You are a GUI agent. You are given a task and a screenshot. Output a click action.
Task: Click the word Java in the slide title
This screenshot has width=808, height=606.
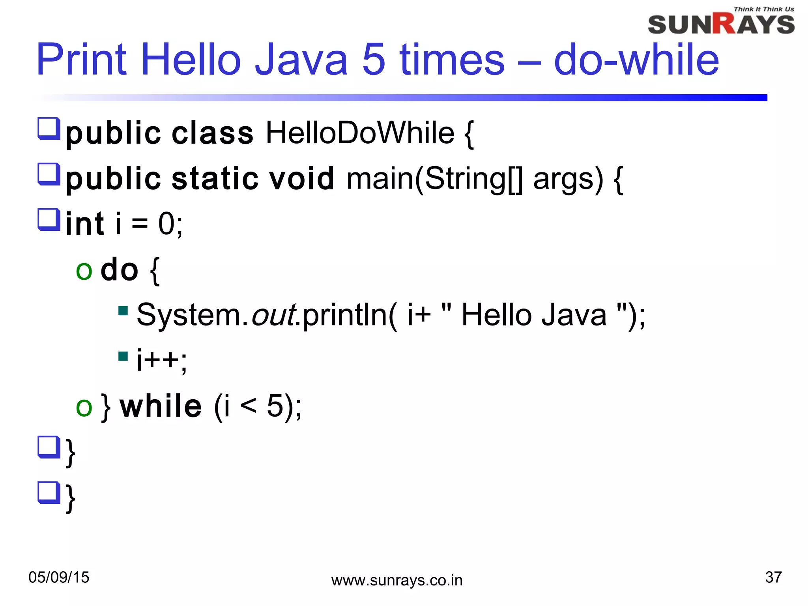(301, 60)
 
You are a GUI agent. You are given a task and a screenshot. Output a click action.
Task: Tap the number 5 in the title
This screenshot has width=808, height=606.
(373, 60)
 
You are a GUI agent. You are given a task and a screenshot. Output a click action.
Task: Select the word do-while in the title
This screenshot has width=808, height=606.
(636, 60)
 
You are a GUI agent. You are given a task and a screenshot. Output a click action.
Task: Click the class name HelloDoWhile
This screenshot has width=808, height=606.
(360, 133)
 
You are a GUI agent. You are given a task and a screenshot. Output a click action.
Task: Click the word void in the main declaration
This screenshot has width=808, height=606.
(301, 178)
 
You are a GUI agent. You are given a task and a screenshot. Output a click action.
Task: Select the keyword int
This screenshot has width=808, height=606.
(85, 224)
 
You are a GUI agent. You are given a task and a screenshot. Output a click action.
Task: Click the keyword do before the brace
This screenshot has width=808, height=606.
(119, 269)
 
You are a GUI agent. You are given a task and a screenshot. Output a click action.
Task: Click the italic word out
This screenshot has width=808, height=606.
(274, 315)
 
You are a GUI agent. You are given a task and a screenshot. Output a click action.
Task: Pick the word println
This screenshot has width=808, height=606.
(345, 315)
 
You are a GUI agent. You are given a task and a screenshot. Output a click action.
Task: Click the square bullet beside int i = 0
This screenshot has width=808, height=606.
(49, 219)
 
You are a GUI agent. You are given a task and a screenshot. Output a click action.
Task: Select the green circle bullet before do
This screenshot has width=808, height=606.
(84, 271)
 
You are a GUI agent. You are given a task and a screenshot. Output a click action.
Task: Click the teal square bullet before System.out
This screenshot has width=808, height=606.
(123, 311)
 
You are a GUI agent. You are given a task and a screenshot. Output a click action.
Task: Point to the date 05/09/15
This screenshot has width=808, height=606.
(59, 577)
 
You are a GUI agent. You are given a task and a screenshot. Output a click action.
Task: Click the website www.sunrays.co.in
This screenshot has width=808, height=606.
(397, 580)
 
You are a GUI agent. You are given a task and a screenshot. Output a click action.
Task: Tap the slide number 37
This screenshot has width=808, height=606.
(773, 577)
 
